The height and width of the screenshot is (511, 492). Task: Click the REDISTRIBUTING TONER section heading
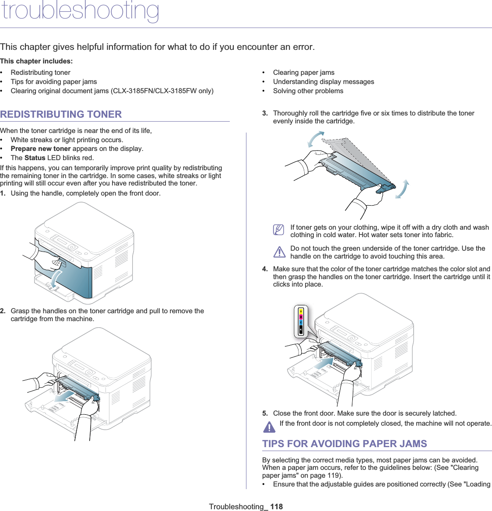pos(61,114)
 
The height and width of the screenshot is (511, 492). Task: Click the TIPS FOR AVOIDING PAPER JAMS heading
pos(344,444)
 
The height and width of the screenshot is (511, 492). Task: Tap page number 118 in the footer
pos(276,507)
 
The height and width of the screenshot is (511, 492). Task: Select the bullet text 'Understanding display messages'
pos(323,82)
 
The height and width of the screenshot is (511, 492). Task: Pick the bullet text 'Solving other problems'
pos(308,91)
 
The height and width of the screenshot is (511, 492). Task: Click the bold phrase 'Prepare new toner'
pos(41,149)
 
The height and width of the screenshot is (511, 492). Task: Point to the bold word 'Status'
pos(35,158)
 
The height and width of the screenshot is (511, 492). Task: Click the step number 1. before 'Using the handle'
pos(3,193)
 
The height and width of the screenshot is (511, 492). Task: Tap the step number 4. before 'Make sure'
pos(265,269)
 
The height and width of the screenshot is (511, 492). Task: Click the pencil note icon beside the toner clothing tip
pos(278,230)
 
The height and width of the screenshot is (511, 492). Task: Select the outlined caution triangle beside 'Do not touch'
pos(279,252)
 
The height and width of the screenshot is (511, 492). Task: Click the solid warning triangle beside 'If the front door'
pos(269,426)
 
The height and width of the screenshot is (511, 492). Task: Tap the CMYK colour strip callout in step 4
pos(301,321)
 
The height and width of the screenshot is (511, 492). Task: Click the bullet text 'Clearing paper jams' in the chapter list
pos(304,73)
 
